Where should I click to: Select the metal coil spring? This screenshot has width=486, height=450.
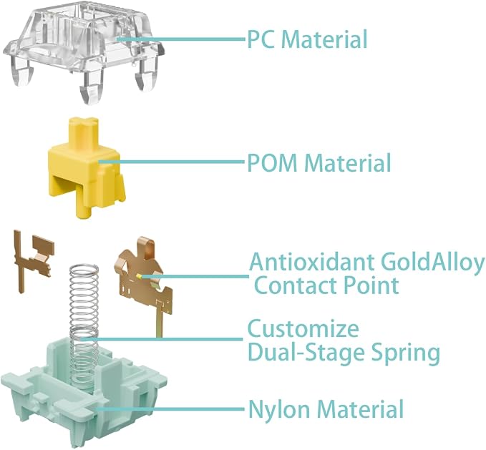click(84, 328)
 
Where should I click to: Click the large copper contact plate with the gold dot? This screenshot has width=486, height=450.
click(144, 279)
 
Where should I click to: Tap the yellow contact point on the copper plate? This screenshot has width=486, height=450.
click(139, 275)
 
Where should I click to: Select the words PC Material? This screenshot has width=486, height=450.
click(307, 39)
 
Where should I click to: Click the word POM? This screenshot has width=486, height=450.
click(273, 163)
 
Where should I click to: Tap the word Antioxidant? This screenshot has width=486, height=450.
click(312, 262)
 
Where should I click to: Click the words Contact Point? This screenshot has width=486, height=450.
click(326, 285)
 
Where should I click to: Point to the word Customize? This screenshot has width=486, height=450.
click(303, 328)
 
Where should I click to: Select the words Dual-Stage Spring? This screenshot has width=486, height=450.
click(344, 353)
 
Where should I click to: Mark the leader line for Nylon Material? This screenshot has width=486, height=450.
click(170, 409)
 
